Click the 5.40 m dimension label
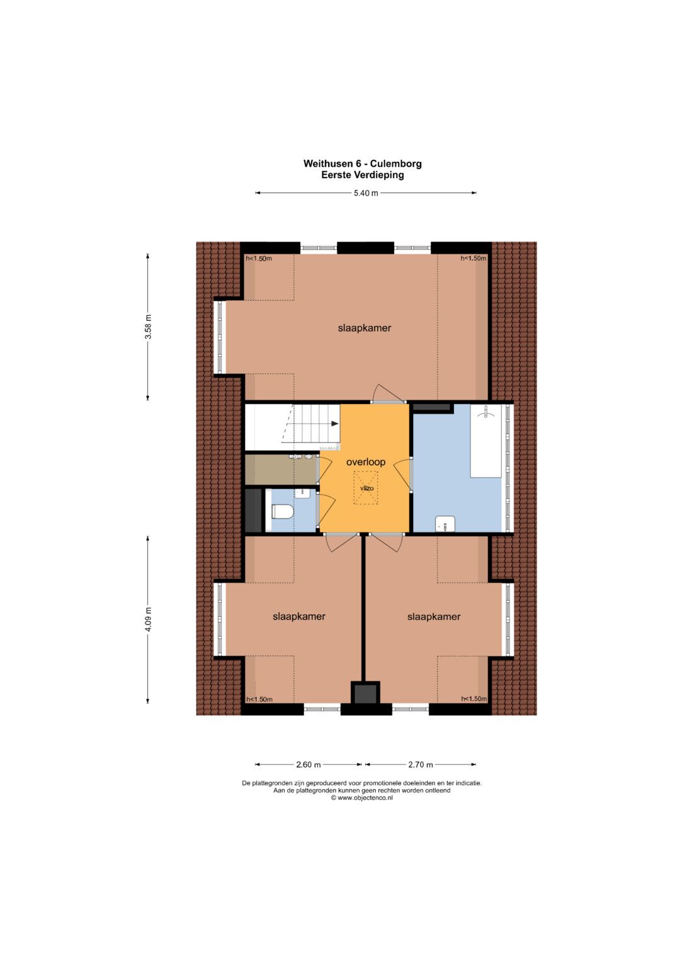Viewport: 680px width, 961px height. [x=366, y=193]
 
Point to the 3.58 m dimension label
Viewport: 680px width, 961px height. [x=148, y=327]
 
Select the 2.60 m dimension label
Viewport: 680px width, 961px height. [x=309, y=765]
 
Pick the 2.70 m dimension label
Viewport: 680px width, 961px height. [x=421, y=765]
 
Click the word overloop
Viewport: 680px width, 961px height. [x=366, y=463]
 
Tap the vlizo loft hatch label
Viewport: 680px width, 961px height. [x=366, y=488]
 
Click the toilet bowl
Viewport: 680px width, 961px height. [x=283, y=512]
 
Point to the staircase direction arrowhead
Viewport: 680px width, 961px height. [x=335, y=424]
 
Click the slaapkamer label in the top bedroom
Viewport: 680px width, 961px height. [x=365, y=328]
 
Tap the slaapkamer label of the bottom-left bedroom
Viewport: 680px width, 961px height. [x=299, y=617]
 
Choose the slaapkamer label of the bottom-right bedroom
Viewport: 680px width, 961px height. [x=434, y=617]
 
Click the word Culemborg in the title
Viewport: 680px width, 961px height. [x=396, y=164]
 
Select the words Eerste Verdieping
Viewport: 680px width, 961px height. [x=362, y=175]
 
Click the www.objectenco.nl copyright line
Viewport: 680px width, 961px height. [x=361, y=798]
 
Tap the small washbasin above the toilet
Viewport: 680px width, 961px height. [x=302, y=493]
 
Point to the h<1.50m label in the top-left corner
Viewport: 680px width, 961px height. [x=259, y=258]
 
